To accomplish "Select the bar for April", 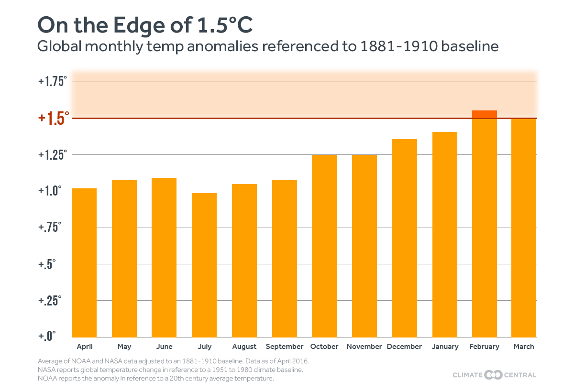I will [x=84, y=263].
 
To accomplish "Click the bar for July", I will [x=204, y=265].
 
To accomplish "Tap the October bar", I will [x=324, y=246].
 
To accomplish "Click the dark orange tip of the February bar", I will [x=485, y=114].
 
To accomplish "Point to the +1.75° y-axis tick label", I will [x=53, y=81].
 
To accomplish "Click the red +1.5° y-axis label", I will [x=54, y=118].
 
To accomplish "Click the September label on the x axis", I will [x=285, y=347].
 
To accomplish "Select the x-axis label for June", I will [x=164, y=347].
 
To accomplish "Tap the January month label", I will [x=445, y=347].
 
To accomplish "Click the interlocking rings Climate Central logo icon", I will [x=493, y=375].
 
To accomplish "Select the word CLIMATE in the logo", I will [x=467, y=375].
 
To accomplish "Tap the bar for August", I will [x=244, y=261].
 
